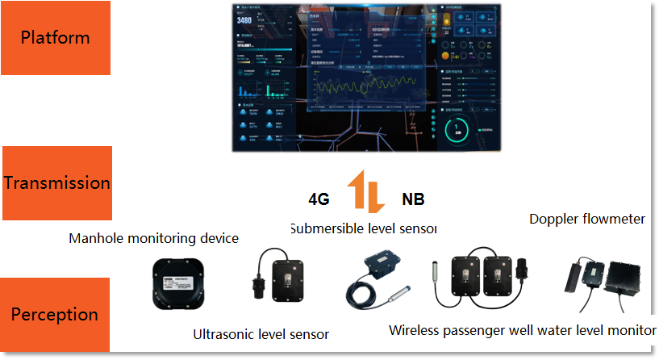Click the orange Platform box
[x=56, y=37]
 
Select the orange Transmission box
[x=56, y=183]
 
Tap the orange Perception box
[x=56, y=314]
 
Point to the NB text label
[x=412, y=199]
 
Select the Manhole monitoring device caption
[x=153, y=238]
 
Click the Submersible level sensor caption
[x=363, y=228]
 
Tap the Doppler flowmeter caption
[x=586, y=219]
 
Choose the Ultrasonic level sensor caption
[x=261, y=333]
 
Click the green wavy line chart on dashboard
[x=367, y=86]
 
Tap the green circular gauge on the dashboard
[x=457, y=129]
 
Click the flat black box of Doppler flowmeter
[x=625, y=278]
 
